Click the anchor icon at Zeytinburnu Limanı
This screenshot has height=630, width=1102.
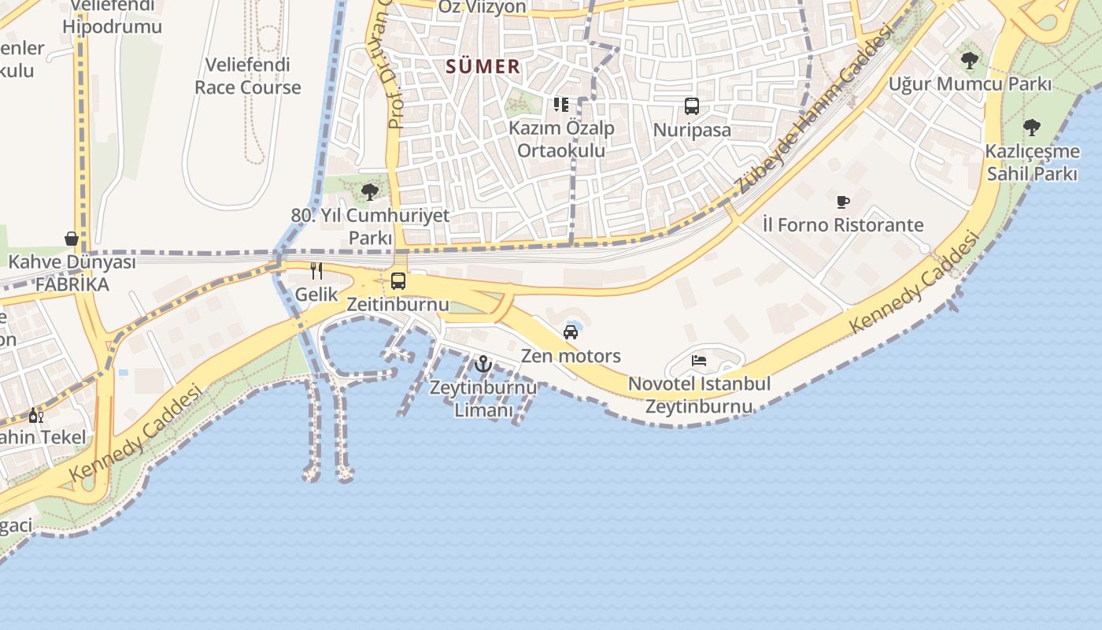[x=483, y=364]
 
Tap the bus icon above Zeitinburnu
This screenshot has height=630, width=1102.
[x=398, y=281]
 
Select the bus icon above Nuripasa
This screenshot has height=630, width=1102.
[x=692, y=106]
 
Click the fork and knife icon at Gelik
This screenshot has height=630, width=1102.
[x=316, y=271]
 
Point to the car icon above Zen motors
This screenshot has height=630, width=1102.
[x=571, y=332]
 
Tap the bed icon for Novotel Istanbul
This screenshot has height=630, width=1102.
[x=699, y=361]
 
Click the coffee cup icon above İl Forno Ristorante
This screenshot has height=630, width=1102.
[x=843, y=202]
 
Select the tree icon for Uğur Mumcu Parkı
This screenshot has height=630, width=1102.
[x=970, y=60]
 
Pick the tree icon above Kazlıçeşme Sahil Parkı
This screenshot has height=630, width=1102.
[x=1032, y=128]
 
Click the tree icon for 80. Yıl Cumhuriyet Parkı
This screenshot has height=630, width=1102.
[x=369, y=191]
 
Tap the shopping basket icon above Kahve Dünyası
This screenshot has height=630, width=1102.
[x=72, y=239]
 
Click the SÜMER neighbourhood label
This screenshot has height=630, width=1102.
[x=483, y=67]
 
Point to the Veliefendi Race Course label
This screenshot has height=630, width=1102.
[x=248, y=76]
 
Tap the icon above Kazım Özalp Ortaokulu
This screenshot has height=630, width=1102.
[x=561, y=105]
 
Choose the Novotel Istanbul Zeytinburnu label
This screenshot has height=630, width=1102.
[x=699, y=395]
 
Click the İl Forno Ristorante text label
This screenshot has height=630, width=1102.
[x=843, y=225]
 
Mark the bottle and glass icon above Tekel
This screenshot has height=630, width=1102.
[x=36, y=415]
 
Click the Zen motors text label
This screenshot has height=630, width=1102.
[x=571, y=356]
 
